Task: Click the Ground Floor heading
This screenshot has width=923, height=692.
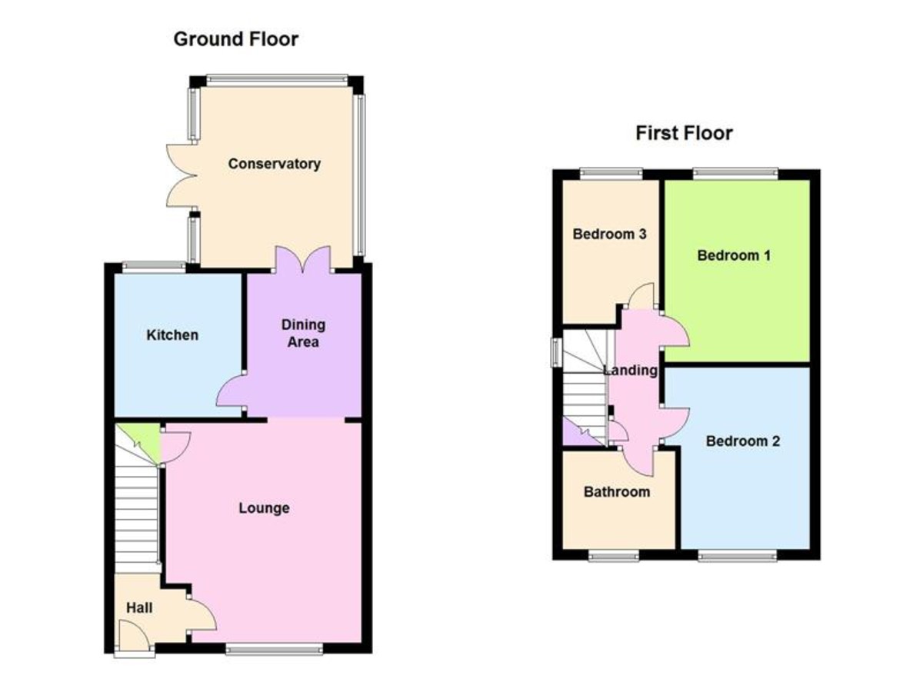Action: coord(236,39)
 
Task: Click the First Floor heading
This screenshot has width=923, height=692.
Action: coord(684,133)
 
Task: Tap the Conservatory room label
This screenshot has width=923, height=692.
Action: coord(274,164)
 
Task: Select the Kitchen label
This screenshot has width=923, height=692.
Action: coord(172,335)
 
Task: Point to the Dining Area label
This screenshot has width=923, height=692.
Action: coord(303,333)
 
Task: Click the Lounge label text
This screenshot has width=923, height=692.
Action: coord(264,508)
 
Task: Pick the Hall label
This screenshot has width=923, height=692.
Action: coord(139,607)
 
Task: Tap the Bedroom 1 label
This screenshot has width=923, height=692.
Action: coord(734,255)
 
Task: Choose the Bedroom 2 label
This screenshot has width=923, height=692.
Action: coord(742,441)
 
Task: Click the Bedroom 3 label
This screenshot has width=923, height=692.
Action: coord(609,234)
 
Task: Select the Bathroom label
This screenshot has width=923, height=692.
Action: coord(617,491)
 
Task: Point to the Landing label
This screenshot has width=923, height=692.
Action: coord(630,370)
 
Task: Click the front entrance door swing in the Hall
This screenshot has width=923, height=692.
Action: coord(134,638)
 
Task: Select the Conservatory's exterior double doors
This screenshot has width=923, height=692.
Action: coord(182,175)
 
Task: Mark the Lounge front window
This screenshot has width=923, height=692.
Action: coord(274,650)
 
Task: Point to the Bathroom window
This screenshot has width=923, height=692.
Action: coord(614,556)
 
